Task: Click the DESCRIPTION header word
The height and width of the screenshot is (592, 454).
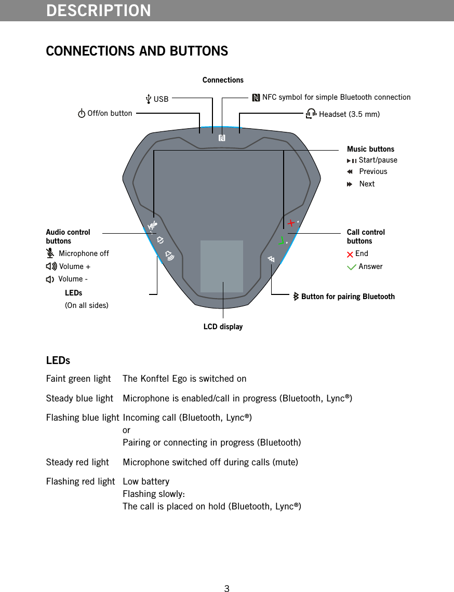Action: (x=99, y=10)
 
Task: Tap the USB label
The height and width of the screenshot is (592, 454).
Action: (x=161, y=99)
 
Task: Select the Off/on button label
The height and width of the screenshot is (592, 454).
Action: (x=109, y=113)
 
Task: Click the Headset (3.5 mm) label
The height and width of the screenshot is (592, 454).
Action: (x=349, y=114)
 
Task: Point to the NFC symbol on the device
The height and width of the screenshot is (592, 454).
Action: (x=222, y=138)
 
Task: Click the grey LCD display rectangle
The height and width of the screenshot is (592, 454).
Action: (x=222, y=266)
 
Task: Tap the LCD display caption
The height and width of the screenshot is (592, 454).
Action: (x=223, y=327)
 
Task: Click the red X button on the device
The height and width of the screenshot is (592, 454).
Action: (x=292, y=223)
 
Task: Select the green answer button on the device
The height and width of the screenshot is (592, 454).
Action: (x=281, y=240)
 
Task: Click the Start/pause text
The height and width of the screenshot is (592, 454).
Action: (x=378, y=160)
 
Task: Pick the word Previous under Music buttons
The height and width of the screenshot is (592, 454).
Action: (x=373, y=171)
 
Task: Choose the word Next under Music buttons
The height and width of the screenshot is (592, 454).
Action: (x=367, y=184)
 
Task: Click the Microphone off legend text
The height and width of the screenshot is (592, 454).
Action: (x=84, y=253)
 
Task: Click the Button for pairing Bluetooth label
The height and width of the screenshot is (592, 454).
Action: (x=348, y=297)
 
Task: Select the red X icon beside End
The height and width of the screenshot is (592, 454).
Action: (x=350, y=254)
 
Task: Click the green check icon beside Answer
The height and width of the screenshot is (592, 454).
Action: (x=352, y=267)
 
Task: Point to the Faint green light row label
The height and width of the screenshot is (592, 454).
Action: (x=78, y=379)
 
